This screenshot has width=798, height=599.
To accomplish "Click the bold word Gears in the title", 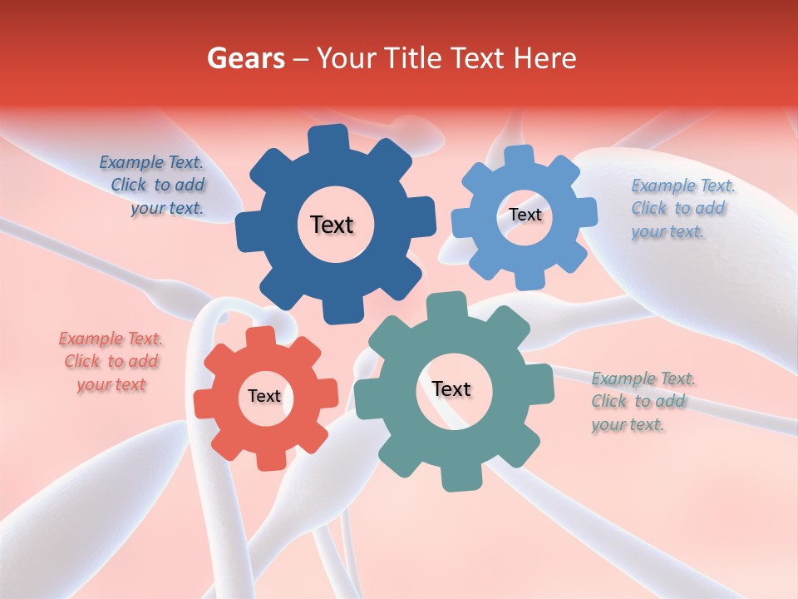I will pyautogui.click(x=245, y=58).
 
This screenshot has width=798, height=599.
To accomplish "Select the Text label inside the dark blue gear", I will pyautogui.click(x=332, y=225).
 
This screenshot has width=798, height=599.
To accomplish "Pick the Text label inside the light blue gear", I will pyautogui.click(x=525, y=215).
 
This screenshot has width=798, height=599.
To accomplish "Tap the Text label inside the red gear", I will pyautogui.click(x=264, y=396).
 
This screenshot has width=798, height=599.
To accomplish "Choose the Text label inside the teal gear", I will pyautogui.click(x=451, y=389).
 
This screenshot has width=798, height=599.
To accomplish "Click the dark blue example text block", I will pyautogui.click(x=153, y=186).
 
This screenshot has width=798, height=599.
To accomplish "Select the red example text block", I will pyautogui.click(x=111, y=362).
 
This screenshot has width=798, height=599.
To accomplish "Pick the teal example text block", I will pyautogui.click(x=642, y=402).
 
